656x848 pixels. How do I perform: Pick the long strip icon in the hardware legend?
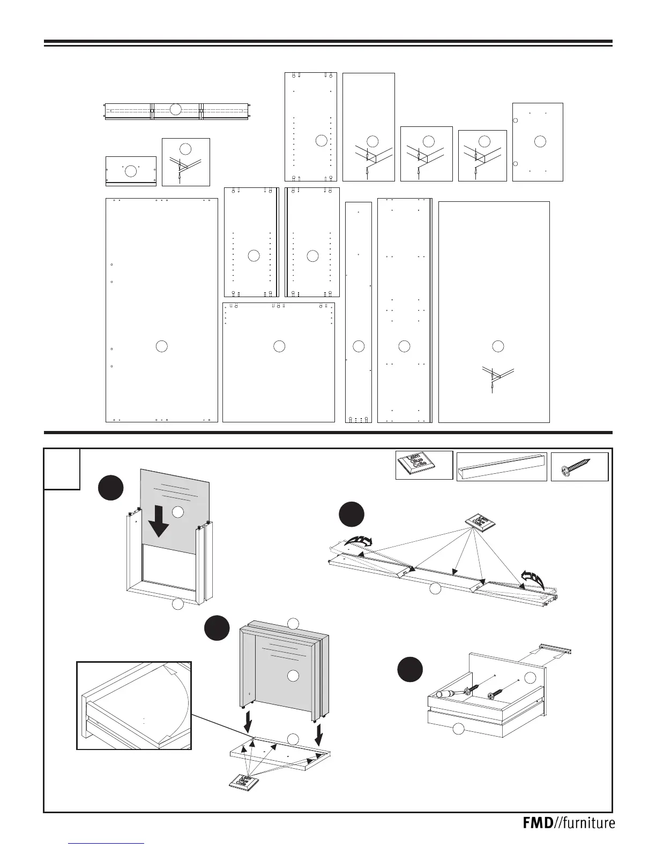pos(502,466)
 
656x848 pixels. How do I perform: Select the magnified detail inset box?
pos(134,705)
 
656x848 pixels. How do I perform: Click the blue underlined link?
pos(107,843)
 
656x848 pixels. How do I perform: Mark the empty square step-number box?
pos(62,469)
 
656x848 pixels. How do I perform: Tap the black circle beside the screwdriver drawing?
pos(410,670)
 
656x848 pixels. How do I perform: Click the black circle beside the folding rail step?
pos(352,514)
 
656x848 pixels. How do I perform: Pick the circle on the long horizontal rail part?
pos(175,109)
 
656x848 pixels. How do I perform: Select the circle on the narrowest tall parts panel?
pos(359,346)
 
